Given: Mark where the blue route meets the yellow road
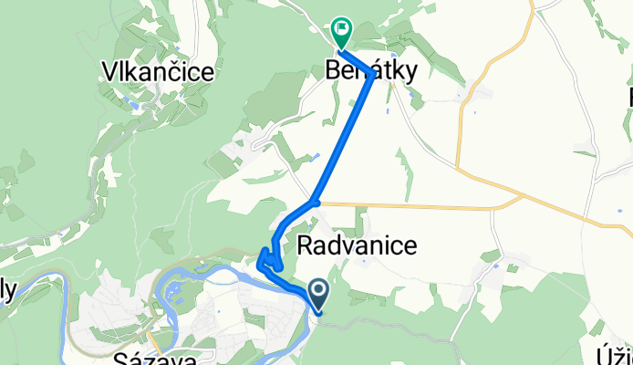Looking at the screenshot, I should [314, 202].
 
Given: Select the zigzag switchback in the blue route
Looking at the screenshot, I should [268, 262].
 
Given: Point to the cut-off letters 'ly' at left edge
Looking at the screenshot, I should [8, 290].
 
